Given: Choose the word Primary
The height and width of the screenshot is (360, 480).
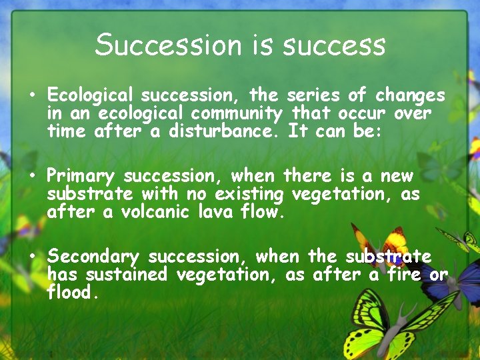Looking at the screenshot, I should (81, 176).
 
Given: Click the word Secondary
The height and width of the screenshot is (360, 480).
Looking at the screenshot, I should (93, 257).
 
